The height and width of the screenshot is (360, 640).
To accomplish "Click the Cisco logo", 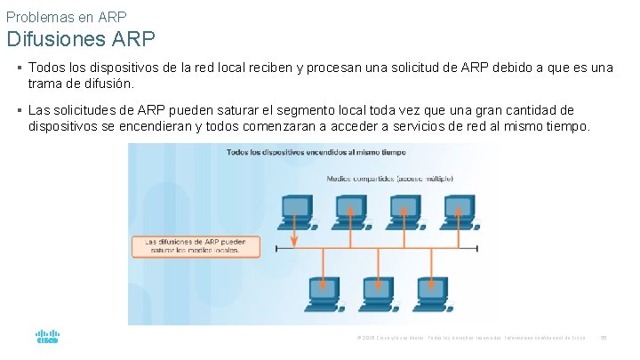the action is (47, 338).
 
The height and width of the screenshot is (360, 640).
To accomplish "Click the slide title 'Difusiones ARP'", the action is (81, 39).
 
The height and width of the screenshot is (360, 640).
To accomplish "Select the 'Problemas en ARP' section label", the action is (66, 15).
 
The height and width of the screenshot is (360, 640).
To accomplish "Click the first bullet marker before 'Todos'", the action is (19, 68).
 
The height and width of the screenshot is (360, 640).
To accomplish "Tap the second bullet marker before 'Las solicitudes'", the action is (19, 110).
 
